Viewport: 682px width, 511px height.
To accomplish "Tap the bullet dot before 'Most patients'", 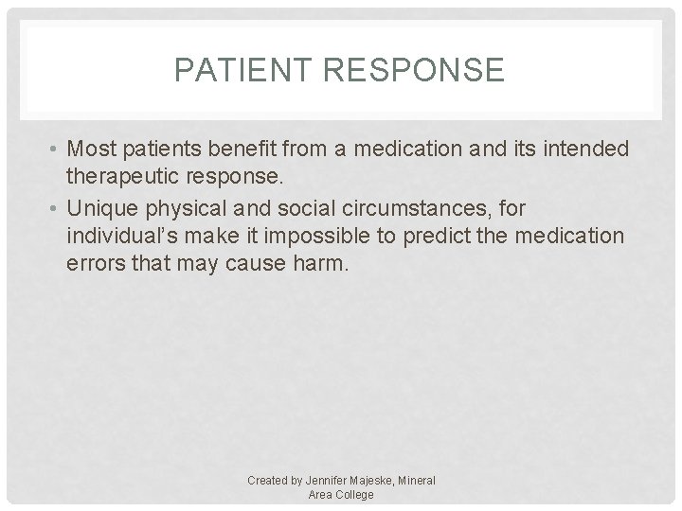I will (x=55, y=150).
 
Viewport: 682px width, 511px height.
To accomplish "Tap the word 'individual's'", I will (x=123, y=236).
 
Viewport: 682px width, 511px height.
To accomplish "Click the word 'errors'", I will (x=94, y=264).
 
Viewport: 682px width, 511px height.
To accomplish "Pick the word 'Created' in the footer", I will (x=268, y=481).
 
